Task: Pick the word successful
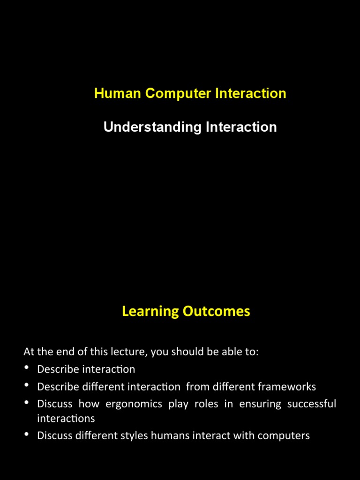[313, 404]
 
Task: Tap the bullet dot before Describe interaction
[27, 368]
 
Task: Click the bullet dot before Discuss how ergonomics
[27, 403]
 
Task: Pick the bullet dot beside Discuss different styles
[27, 435]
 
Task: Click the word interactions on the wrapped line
[66, 418]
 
